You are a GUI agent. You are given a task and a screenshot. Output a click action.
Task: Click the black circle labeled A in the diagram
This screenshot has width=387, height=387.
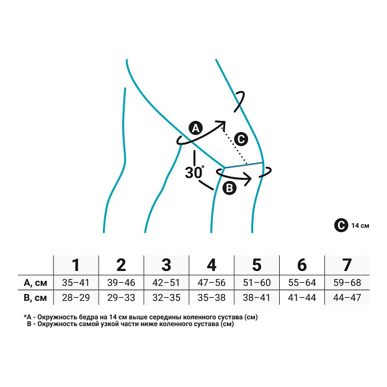tap(196, 128)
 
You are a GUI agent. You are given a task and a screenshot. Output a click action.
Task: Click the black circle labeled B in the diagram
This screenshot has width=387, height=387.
tap(229, 189)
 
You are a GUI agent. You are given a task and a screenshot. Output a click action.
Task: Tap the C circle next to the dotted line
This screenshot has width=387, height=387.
tap(241, 139)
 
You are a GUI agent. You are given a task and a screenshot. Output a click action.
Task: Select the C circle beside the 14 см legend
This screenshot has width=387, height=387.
tap(341, 225)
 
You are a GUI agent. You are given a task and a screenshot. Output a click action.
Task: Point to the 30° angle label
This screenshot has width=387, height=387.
tap(195, 172)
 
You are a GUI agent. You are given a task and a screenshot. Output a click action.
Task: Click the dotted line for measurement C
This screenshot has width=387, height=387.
tap(234, 146)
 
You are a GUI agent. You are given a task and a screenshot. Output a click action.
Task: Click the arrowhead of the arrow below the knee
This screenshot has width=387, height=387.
tap(248, 179)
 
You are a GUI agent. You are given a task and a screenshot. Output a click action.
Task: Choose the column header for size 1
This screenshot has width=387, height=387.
tap(76, 265)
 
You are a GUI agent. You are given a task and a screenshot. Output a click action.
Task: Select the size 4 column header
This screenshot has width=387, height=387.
tap(211, 265)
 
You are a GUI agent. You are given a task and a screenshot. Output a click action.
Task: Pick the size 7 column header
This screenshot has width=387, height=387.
tap(347, 265)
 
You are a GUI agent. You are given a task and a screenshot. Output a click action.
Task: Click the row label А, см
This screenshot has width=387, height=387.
tap(35, 283)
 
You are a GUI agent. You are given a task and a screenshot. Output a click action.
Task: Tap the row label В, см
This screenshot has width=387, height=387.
tap(35, 298)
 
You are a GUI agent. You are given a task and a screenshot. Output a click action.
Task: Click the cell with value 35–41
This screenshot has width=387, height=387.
tap(76, 283)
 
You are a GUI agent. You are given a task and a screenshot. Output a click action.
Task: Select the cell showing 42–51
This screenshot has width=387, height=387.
tap(166, 283)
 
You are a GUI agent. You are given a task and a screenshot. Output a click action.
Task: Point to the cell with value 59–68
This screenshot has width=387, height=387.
tap(347, 283)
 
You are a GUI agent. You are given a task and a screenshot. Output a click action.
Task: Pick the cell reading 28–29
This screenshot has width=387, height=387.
tap(76, 298)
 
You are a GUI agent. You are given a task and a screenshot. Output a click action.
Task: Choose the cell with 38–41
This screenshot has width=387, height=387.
tap(256, 298)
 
